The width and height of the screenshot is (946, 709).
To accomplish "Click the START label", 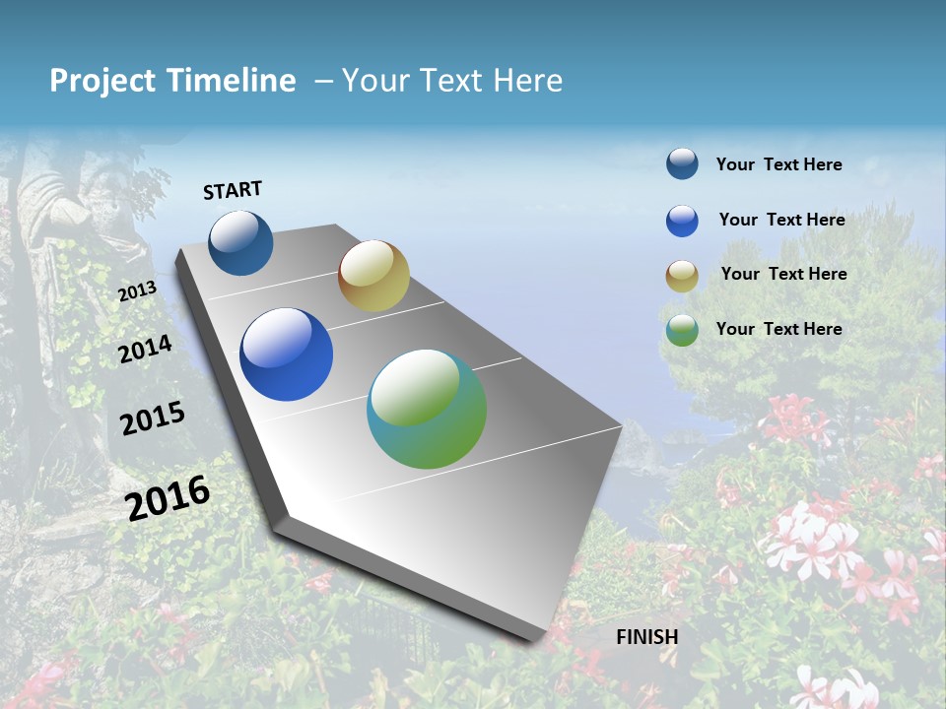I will [x=233, y=190].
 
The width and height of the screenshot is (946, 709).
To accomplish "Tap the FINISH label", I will [x=647, y=636].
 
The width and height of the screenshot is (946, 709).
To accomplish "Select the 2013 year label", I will [x=138, y=291].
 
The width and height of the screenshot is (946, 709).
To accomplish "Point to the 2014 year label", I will [x=145, y=349].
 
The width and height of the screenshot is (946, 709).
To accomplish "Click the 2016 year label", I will [x=168, y=497].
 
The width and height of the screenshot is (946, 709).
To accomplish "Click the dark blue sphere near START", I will [x=240, y=242].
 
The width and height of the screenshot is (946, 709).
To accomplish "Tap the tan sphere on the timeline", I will [x=373, y=276].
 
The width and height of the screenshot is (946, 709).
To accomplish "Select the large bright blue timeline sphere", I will [x=286, y=354].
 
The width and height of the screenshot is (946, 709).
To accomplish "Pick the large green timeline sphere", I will [x=427, y=409].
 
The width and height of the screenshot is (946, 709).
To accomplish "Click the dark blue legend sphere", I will [x=682, y=163].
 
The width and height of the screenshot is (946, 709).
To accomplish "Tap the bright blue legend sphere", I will [x=682, y=221].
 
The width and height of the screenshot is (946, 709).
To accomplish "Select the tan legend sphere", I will [x=682, y=276].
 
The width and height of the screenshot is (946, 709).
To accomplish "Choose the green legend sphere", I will [x=682, y=330].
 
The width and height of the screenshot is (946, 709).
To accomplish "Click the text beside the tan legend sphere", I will [x=783, y=274].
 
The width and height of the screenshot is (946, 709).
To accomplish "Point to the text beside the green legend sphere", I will [x=778, y=329].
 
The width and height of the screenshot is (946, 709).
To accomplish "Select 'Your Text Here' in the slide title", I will [x=452, y=81].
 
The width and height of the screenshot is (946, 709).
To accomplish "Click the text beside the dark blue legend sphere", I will [x=778, y=164].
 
